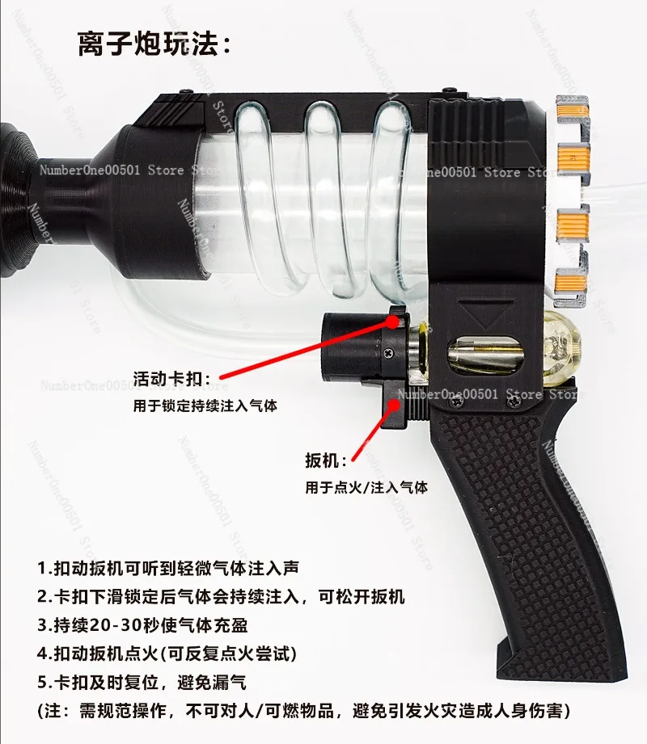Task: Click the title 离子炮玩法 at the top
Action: tap(154, 44)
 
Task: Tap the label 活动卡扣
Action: tap(171, 379)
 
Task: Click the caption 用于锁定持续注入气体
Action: tap(205, 406)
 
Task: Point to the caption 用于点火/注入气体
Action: tap(366, 487)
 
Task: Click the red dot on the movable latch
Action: tap(392, 322)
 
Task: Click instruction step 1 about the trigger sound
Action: tap(168, 568)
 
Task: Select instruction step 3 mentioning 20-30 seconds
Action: tap(142, 625)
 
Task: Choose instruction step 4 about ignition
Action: tap(167, 654)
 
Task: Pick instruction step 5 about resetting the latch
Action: tap(142, 683)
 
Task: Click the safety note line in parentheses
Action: tap(303, 711)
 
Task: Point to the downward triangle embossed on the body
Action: tap(485, 313)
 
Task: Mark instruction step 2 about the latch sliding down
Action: tap(221, 596)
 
